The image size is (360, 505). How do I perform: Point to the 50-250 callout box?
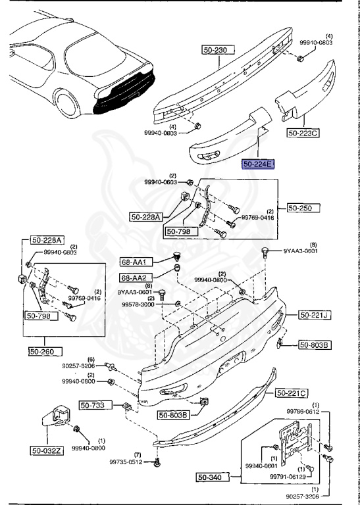click(x=302, y=208)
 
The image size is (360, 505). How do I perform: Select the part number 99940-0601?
click(x=261, y=466)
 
